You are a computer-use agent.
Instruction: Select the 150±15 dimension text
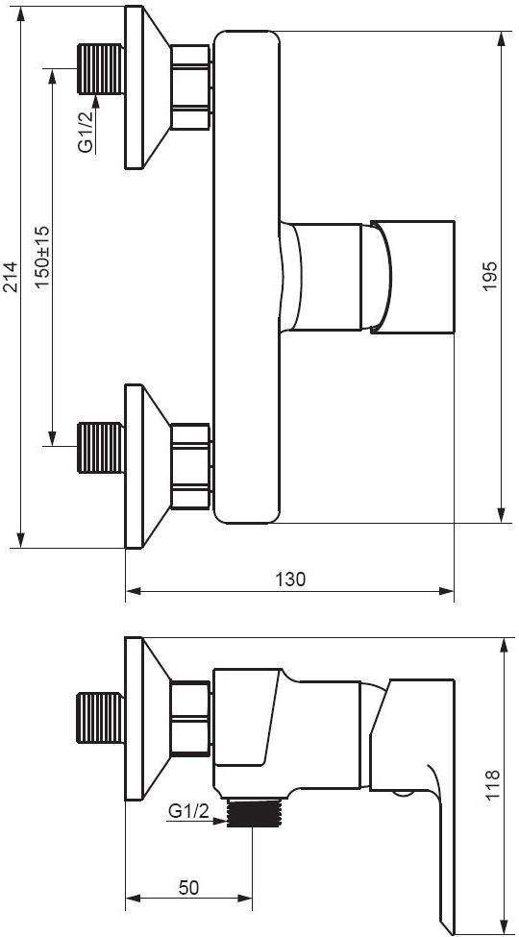tap(42, 258)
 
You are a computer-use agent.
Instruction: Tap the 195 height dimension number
tap(490, 276)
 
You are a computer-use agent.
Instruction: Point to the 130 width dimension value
tap(290, 579)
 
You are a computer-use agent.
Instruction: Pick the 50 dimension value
tap(189, 887)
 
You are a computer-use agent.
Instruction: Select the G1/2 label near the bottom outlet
tap(188, 811)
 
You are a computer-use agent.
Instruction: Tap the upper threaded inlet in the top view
tap(101, 69)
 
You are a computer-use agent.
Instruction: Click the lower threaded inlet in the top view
tap(101, 447)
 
